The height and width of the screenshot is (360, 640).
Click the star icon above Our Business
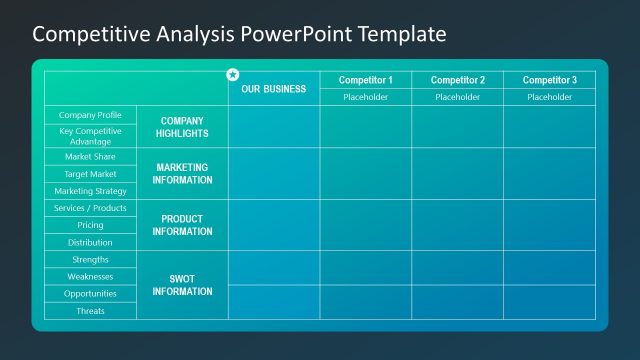(233, 74)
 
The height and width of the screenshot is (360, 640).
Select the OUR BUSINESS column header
(273, 89)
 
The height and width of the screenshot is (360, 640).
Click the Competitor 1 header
(365, 80)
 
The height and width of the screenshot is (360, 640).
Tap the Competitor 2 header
(457, 80)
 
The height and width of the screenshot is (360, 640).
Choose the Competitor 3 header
(549, 80)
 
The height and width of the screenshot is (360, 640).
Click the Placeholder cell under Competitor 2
(457, 97)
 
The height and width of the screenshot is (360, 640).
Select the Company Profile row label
(90, 115)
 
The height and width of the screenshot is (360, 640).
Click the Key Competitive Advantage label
(90, 136)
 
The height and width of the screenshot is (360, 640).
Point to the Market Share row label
(90, 157)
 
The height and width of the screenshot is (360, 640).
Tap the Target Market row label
(90, 174)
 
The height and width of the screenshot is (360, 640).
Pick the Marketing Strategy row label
(90, 191)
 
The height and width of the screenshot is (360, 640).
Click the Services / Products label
(90, 208)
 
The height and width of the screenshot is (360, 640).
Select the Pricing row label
(90, 225)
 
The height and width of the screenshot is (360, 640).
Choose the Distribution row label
(90, 242)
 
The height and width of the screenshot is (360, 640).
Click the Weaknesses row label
(90, 276)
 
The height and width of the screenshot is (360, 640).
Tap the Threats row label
(90, 311)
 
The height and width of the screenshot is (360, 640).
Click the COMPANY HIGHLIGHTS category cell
(182, 127)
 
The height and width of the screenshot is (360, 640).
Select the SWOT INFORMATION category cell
(182, 285)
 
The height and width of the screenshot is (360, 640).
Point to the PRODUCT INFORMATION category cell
(182, 225)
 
